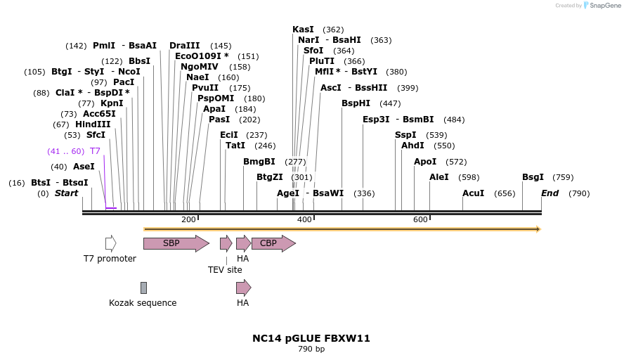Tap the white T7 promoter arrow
[110, 243]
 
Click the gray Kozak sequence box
[143, 288]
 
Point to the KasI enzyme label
[303, 30]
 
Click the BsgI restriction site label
[533, 177]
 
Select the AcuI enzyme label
[473, 193]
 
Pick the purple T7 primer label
[95, 151]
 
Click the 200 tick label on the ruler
[188, 220]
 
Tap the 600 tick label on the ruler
[420, 220]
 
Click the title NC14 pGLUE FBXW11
[311, 338]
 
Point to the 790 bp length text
[311, 349]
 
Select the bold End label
[550, 193]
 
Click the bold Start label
[67, 193]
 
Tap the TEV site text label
[225, 269]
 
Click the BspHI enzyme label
[356, 103]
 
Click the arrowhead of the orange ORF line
[538, 229]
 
